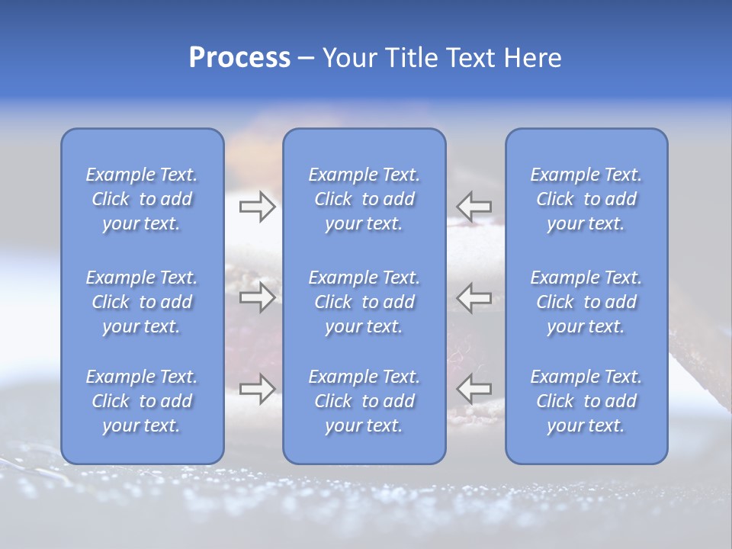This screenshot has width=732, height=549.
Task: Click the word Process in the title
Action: (239, 58)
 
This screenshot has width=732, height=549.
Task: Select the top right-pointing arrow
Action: (257, 207)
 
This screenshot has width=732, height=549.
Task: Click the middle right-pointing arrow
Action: (257, 297)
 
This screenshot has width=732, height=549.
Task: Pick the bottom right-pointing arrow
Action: (257, 389)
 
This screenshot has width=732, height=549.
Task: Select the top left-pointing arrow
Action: (474, 207)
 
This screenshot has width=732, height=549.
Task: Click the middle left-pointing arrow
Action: (474, 297)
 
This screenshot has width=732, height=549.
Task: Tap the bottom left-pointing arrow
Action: (474, 389)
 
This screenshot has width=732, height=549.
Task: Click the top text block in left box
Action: (142, 199)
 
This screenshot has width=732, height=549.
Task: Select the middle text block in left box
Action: (142, 302)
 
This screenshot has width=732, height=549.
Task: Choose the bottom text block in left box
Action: (142, 401)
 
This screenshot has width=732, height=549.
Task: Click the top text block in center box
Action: (364, 199)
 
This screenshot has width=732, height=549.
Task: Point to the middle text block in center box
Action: (364, 302)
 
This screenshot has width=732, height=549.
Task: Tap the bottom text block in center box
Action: (364, 401)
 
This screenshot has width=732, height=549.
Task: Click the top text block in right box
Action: (586, 199)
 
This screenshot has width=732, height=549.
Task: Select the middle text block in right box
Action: (586, 302)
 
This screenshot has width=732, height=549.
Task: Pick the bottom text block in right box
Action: (586, 401)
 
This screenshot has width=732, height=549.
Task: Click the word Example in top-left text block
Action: (120, 175)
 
